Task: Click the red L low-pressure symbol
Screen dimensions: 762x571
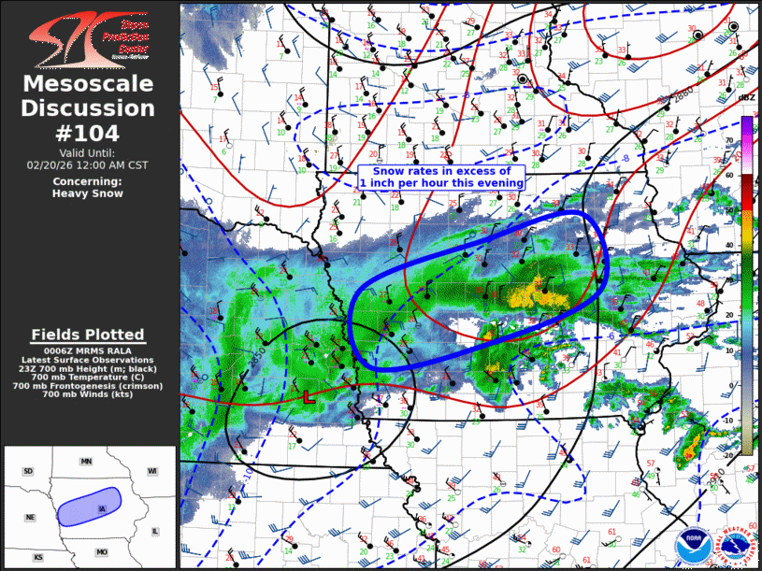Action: coord(308,396)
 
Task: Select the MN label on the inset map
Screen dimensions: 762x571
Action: coord(87,462)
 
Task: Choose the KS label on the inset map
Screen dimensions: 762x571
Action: coord(38,557)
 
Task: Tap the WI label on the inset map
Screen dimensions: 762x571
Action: coord(151,471)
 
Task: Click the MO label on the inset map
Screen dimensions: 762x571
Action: coord(102,552)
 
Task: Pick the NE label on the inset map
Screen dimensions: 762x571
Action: coord(31,517)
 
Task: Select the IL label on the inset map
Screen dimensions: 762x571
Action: coord(155,531)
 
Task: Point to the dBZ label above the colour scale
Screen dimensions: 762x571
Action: coord(746,97)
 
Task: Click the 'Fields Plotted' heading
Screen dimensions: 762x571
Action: coord(88,334)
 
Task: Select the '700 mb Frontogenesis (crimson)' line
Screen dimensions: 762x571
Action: coord(88,386)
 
